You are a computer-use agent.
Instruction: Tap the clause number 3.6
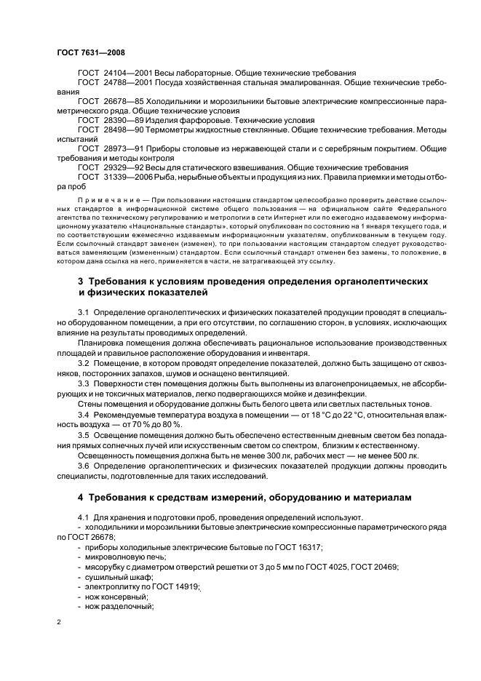coord(83,466)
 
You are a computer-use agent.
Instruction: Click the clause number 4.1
coord(83,517)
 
